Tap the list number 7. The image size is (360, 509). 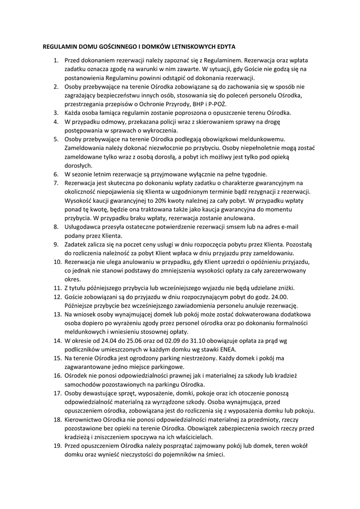pyautogui.click(x=56, y=183)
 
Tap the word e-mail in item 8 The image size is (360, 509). pyautogui.click(x=288, y=227)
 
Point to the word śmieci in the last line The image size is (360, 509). pyautogui.click(x=215, y=455)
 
